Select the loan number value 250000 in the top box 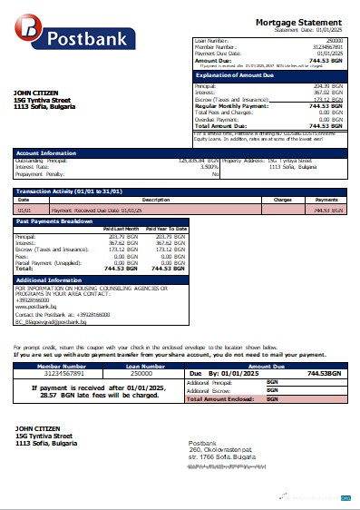(x=335, y=42)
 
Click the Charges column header (x=281, y=199)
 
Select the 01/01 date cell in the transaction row (x=24, y=209)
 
